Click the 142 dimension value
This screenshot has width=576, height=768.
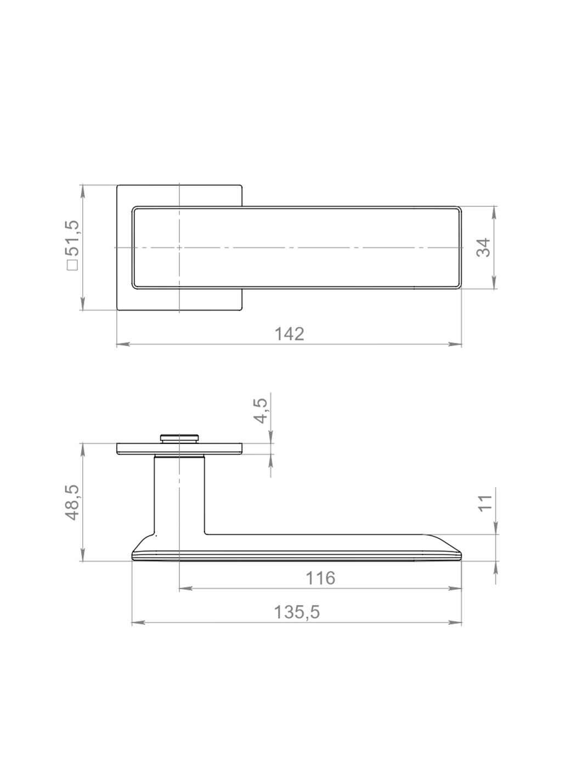click(289, 334)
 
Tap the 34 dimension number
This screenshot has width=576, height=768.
click(484, 248)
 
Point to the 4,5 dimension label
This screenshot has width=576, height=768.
click(261, 411)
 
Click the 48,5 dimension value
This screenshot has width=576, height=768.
click(74, 502)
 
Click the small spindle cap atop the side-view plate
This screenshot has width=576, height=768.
click(179, 438)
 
